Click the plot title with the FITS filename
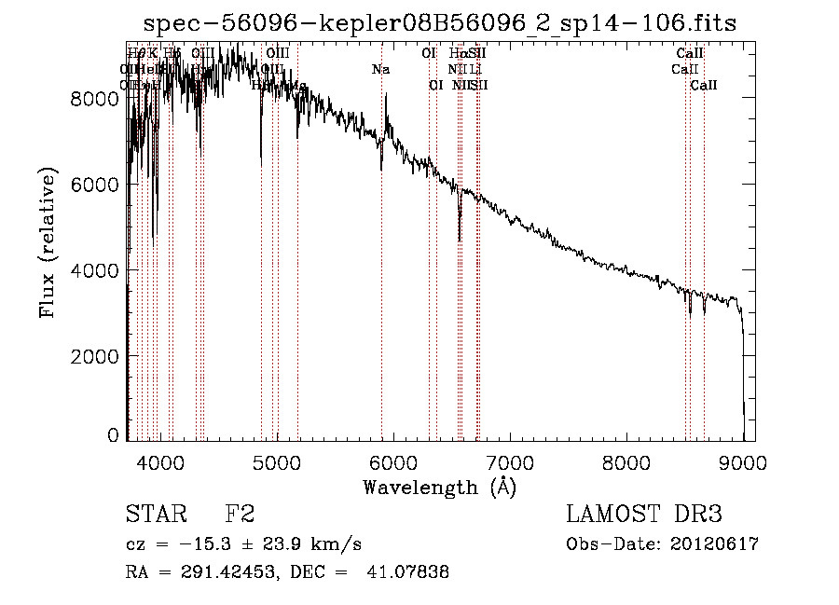pos(441,24)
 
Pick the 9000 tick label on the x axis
pos(743,460)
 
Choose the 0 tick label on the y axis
pos(113,435)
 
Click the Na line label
pos(380,69)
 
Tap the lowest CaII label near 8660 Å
pos(704,85)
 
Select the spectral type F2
pos(241,515)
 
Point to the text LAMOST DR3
pos(643,515)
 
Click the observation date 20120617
pos(715,544)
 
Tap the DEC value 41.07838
pos(412,572)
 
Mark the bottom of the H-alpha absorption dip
pos(460,241)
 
